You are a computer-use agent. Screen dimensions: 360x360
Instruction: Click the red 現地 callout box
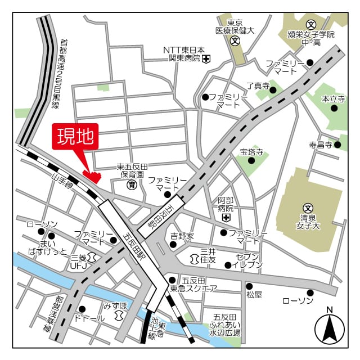point(75,137)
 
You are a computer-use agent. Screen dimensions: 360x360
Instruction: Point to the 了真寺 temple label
point(258,86)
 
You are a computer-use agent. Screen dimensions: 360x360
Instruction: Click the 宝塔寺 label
point(251,151)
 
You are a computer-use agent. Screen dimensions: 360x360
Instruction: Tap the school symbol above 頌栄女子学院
point(311,24)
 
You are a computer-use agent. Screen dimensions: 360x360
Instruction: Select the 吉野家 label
point(182,236)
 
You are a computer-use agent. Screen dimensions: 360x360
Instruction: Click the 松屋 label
point(254,294)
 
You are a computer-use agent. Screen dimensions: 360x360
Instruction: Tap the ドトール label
point(89,318)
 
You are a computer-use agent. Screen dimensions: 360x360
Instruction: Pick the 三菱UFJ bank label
point(79,261)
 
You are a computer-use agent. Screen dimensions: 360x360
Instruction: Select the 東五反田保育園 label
point(132,171)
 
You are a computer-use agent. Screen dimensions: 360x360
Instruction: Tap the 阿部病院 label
point(226,204)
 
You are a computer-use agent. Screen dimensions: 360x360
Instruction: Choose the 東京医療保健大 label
point(235,26)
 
